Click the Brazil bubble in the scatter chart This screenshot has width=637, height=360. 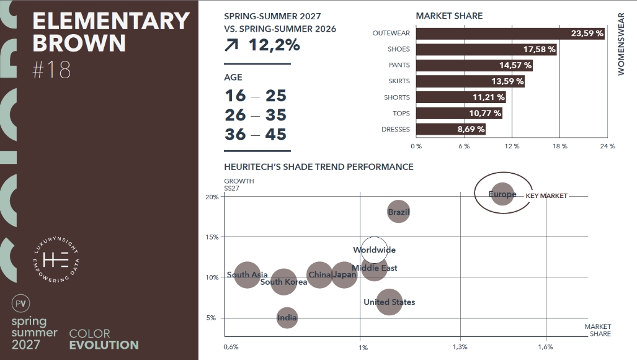click(x=398, y=212)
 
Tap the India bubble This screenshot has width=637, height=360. click(x=287, y=318)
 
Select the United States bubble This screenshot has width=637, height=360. click(x=389, y=302)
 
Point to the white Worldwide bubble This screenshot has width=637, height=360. click(x=374, y=250)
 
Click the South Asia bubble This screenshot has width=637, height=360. click(x=247, y=275)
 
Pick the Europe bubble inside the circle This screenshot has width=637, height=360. click(x=502, y=194)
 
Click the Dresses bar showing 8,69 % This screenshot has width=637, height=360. click(x=451, y=129)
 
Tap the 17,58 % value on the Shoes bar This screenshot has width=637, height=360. click(x=539, y=49)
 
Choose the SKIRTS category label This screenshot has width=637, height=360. click(x=398, y=81)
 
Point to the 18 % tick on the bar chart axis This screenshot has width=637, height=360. click(x=559, y=146)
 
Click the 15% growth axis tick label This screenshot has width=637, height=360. click(x=212, y=237)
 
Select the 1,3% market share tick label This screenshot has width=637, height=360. click(x=460, y=347)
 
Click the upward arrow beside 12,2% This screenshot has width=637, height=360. click(x=233, y=45)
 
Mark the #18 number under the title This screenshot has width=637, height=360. click(x=51, y=70)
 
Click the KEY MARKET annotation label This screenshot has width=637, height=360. click(x=546, y=196)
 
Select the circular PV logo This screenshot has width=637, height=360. click(x=21, y=304)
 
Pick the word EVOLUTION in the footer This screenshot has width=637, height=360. click(x=104, y=345)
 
